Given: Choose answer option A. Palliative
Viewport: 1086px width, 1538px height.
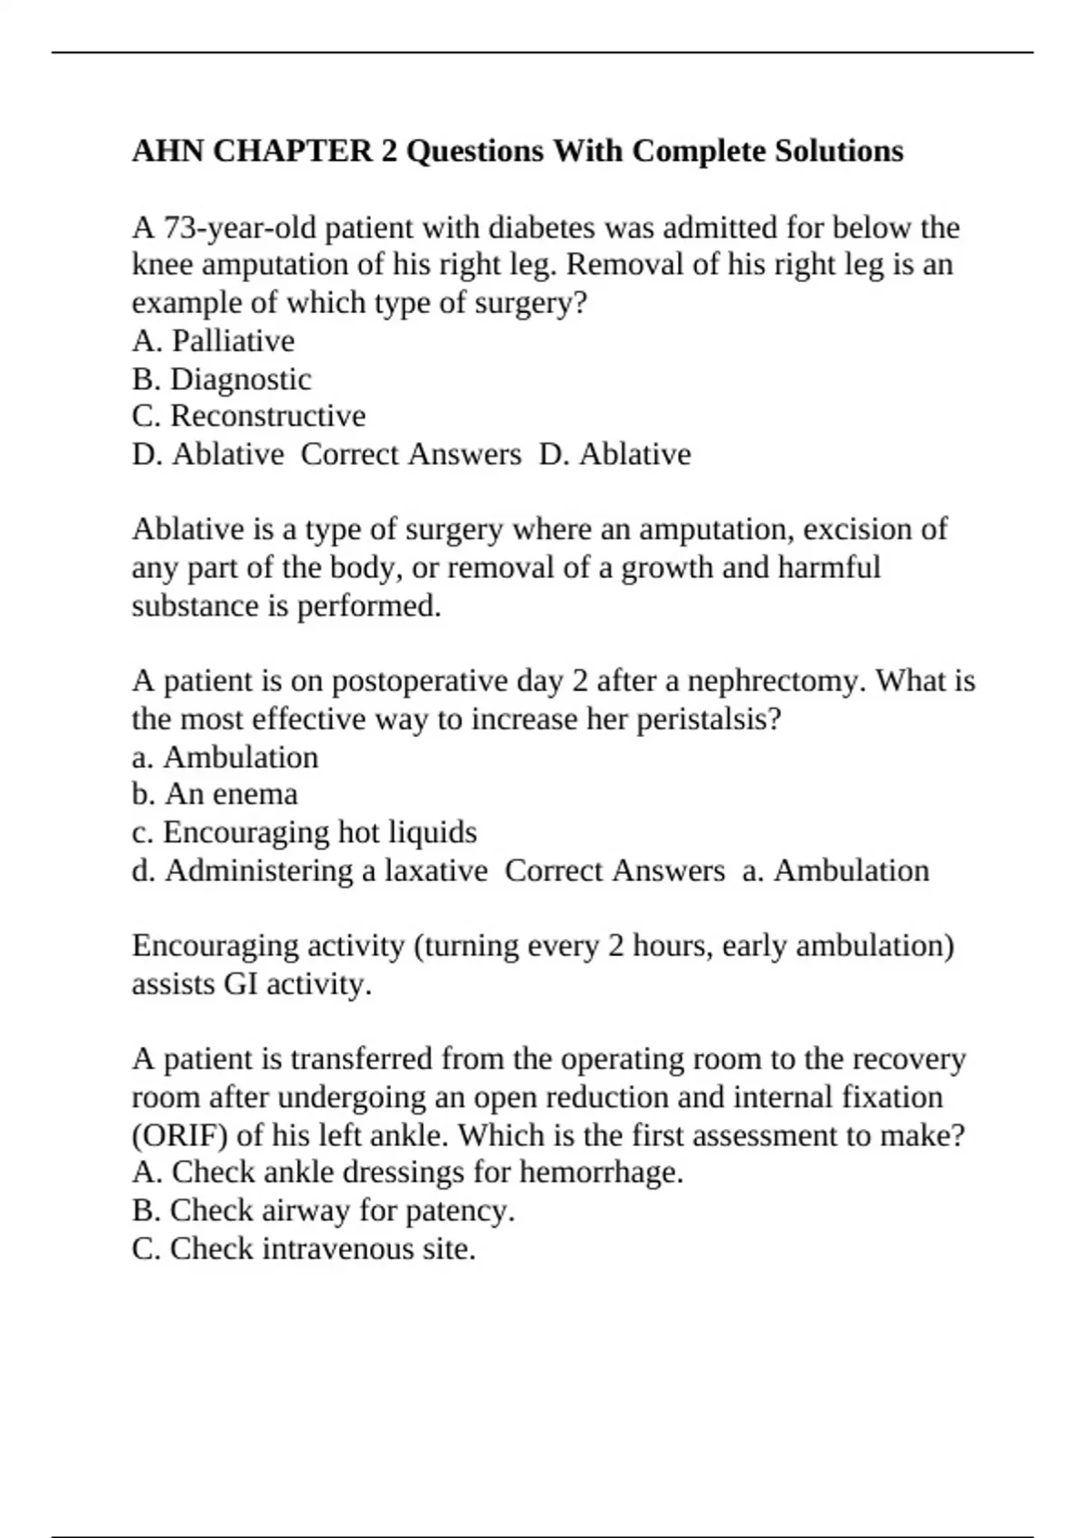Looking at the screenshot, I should click(214, 341).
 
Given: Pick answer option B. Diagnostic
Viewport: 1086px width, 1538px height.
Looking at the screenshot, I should click(222, 379).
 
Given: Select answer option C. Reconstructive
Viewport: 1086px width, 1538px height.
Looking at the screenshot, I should click(249, 416).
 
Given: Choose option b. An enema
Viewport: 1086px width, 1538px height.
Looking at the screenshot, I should click(214, 794).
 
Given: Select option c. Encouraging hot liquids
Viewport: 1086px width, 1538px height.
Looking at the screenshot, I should click(304, 832).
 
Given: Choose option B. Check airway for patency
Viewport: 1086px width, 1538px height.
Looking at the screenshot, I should click(323, 1210).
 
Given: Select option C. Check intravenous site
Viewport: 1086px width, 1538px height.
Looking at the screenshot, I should click(304, 1249).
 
